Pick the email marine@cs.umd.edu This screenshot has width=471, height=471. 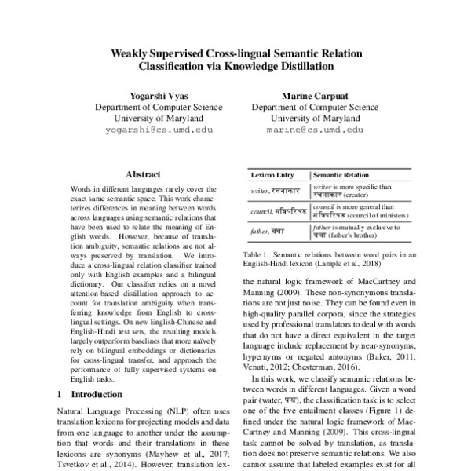coord(315,130)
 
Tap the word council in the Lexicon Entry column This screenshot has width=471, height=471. coord(261,213)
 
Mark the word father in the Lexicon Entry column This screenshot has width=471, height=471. coord(258,232)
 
